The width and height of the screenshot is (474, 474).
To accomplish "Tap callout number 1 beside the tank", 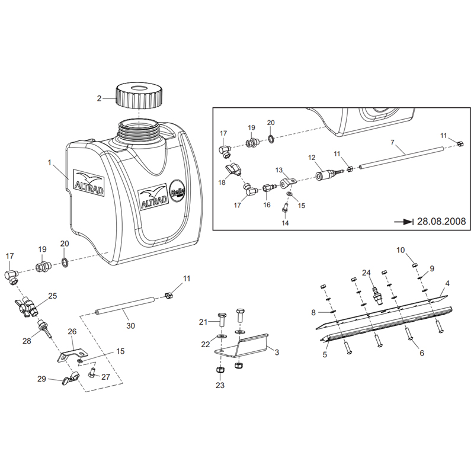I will point(50,162).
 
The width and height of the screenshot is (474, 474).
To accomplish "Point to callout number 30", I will point(130,325).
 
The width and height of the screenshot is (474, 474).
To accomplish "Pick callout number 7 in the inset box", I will point(392,143).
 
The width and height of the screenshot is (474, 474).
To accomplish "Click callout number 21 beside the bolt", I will point(204,322).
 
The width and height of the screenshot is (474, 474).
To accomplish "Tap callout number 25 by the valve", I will point(53,295).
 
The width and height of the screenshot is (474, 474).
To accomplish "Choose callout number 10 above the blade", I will point(401,250).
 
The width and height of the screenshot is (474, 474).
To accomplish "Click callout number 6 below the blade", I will point(422,353).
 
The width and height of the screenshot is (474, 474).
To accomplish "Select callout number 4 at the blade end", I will point(447,284).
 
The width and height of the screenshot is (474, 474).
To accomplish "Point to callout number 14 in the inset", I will point(285,223).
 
